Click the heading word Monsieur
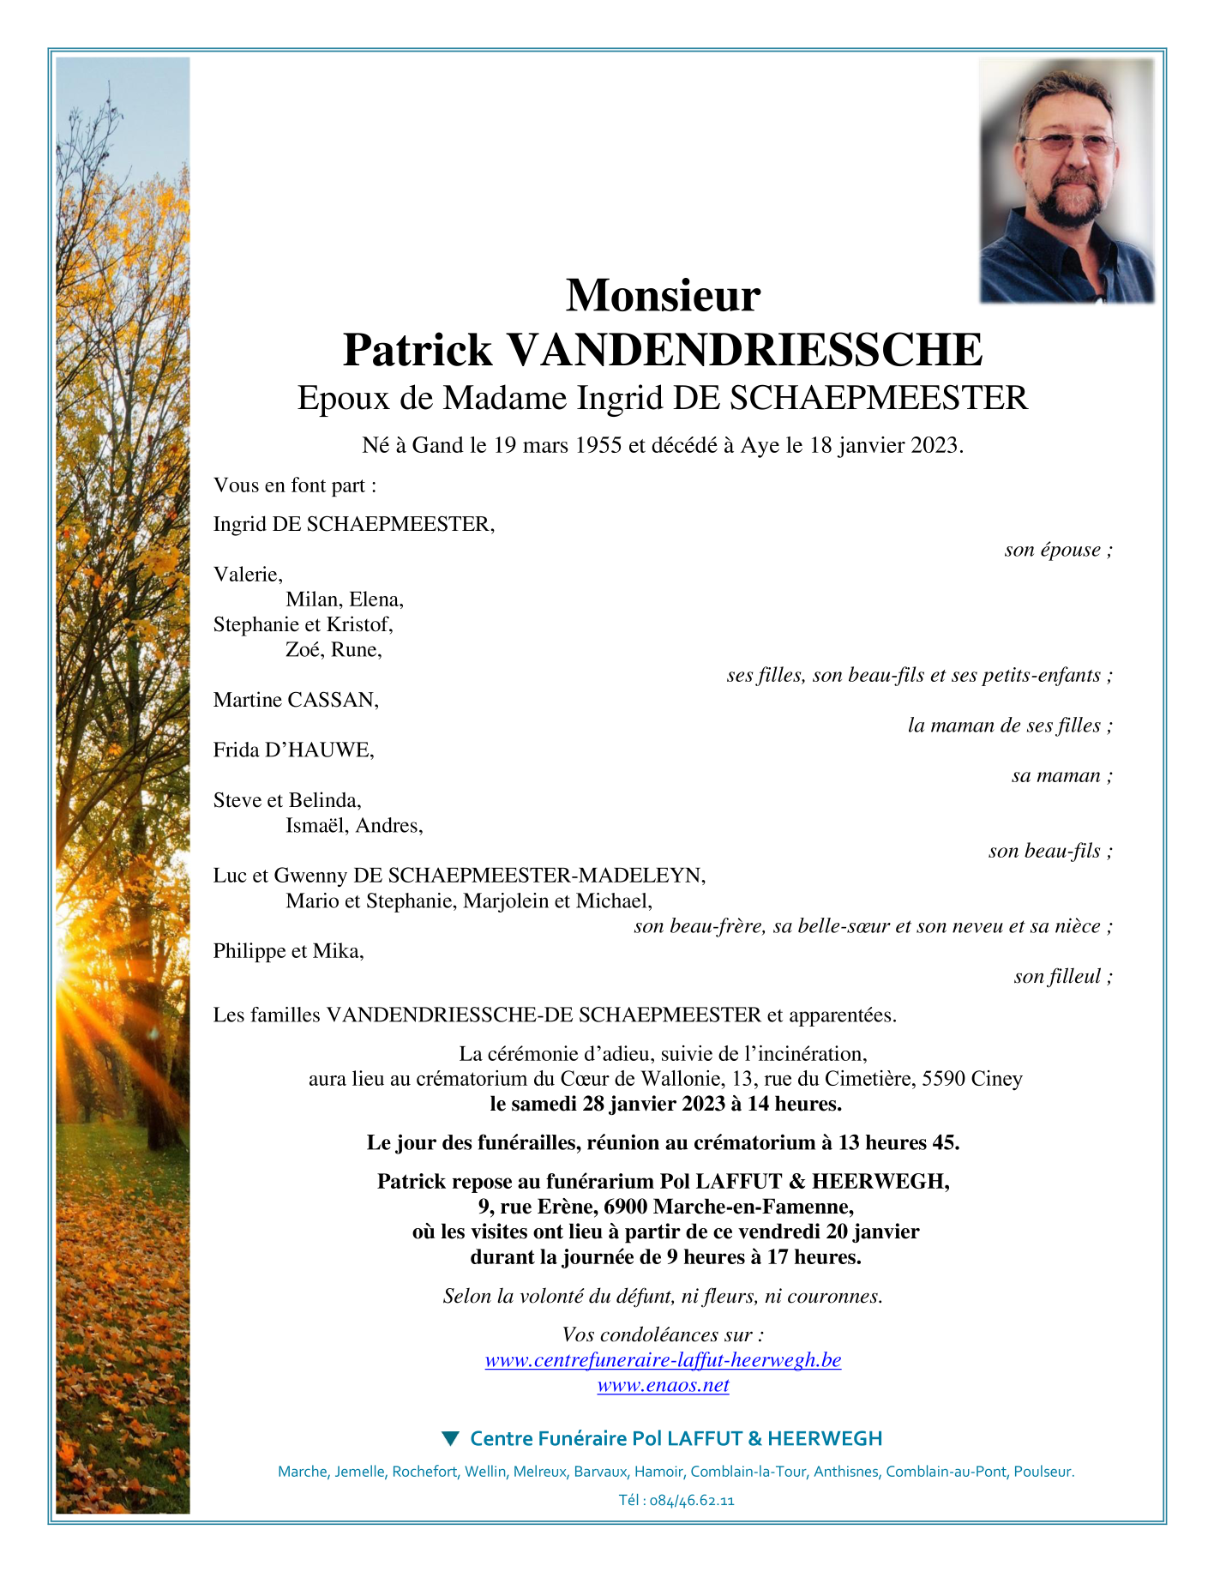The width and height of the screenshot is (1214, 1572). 663,295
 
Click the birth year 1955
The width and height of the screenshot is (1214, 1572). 598,445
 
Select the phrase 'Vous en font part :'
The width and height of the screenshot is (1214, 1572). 295,485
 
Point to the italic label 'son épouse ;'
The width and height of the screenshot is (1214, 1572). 1058,550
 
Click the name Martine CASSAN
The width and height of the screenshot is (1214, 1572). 296,700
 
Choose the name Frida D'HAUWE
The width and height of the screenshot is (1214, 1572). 293,750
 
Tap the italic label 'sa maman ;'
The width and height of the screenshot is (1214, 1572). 1061,775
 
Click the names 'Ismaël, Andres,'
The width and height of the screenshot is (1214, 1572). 354,826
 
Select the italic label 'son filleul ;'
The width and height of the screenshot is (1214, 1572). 1062,976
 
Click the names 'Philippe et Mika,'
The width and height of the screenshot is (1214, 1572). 288,950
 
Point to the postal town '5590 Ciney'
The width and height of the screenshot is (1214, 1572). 971,1079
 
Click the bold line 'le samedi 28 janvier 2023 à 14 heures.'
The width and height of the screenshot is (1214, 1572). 665,1104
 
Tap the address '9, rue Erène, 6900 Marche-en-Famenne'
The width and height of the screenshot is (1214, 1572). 665,1207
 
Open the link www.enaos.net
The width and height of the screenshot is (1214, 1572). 663,1385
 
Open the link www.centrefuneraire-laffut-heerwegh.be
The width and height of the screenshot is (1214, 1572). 663,1360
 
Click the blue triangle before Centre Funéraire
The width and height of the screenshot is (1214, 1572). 450,1438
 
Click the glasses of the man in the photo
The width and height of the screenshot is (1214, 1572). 1067,143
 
